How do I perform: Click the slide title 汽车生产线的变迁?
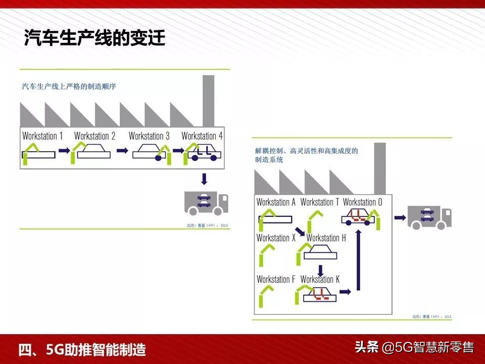click(95, 38)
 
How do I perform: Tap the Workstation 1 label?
click(43, 135)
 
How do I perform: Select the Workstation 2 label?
click(95, 135)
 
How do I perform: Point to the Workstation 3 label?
click(149, 135)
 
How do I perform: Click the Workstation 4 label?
click(202, 135)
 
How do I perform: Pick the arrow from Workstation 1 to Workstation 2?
click(64, 151)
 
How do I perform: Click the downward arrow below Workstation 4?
click(204, 178)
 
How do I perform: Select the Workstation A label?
click(276, 202)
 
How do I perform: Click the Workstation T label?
click(320, 202)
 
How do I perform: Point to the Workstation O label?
click(363, 202)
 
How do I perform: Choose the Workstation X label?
click(276, 238)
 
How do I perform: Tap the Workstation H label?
click(326, 238)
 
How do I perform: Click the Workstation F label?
click(276, 279)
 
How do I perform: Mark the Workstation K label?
click(320, 279)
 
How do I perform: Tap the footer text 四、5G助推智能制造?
click(82, 349)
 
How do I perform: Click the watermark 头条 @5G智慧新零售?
click(414, 347)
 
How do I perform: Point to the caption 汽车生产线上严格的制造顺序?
click(69, 86)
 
